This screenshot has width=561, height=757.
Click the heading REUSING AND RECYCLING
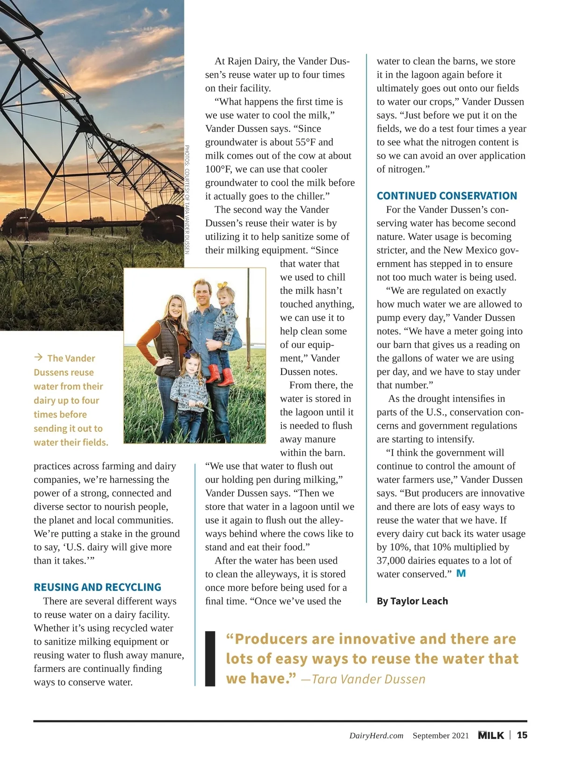97,587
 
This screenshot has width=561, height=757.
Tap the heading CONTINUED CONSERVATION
447,196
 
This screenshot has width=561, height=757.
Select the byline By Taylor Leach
412,601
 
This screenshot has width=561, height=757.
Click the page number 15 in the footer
522,735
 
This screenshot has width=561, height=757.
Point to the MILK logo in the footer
491,735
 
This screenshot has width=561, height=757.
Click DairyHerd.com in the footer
376,735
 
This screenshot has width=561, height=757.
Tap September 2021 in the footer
440,735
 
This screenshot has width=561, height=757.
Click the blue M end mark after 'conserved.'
461,573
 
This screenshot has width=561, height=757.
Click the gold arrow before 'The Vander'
38,358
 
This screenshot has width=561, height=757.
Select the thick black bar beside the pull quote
210,658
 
